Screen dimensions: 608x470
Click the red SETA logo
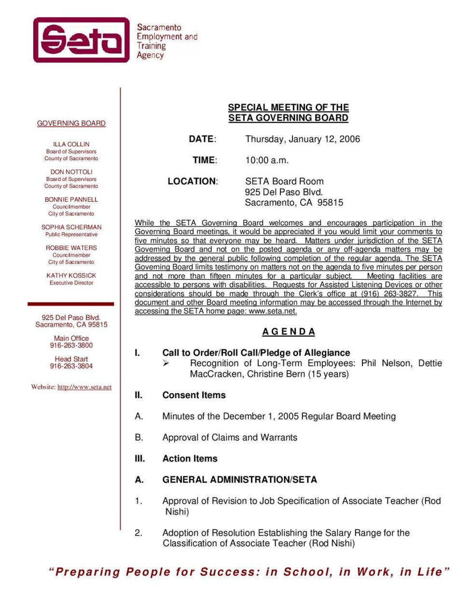click(x=81, y=40)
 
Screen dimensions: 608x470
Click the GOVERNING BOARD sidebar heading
click(x=71, y=124)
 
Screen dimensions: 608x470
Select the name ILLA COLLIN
click(x=71, y=144)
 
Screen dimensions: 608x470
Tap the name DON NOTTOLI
click(x=71, y=172)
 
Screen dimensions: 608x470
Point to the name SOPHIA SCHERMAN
click(x=71, y=227)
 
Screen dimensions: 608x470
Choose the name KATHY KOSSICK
click(x=71, y=276)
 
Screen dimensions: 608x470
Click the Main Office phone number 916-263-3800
click(x=71, y=345)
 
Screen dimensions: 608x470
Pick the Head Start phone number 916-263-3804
click(x=71, y=366)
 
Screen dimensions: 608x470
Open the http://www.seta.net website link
click(x=84, y=387)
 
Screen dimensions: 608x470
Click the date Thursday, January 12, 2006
click(x=303, y=139)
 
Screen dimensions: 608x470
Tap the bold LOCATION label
click(x=192, y=182)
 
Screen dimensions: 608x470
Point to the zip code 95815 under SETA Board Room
click(x=330, y=203)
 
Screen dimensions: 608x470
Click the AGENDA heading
click(x=289, y=332)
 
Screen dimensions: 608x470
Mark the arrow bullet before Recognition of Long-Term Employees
click(x=166, y=363)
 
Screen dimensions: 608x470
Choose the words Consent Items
click(x=194, y=395)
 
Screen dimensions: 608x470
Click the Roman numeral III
click(x=139, y=459)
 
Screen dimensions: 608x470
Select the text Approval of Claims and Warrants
click(x=230, y=438)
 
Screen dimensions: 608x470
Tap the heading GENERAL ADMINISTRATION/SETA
click(x=240, y=480)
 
